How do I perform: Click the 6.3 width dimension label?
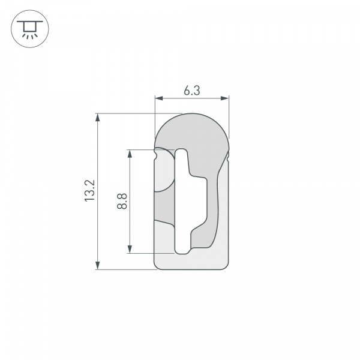[x=191, y=90]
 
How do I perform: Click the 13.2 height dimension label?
[x=89, y=191]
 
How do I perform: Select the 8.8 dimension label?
[x=122, y=200]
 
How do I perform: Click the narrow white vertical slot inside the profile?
[x=181, y=201]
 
